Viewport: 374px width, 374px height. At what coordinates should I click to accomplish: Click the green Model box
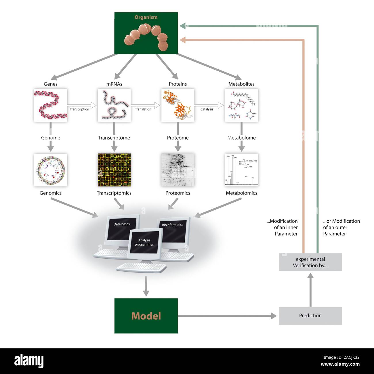146,316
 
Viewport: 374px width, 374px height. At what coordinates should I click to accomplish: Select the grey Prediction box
310,316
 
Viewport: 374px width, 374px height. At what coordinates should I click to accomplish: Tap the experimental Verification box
310,262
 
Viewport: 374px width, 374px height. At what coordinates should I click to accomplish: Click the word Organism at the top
146,17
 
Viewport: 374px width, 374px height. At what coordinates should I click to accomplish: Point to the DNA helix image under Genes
51,105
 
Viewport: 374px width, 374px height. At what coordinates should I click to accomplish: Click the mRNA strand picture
114,105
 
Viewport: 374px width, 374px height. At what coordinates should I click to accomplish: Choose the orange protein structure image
178,105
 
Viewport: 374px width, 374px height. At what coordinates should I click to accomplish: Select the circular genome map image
51,170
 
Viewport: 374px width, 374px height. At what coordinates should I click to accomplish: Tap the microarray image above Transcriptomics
114,170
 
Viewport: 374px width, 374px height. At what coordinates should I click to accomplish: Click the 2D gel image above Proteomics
178,170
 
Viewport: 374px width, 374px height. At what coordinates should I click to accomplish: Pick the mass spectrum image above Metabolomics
241,170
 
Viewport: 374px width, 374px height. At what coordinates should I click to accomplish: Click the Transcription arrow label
79,109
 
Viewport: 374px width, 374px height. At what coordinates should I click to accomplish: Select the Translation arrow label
143,109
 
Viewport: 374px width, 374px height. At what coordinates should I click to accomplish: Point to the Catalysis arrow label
207,109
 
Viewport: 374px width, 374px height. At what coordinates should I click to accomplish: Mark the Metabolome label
241,138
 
